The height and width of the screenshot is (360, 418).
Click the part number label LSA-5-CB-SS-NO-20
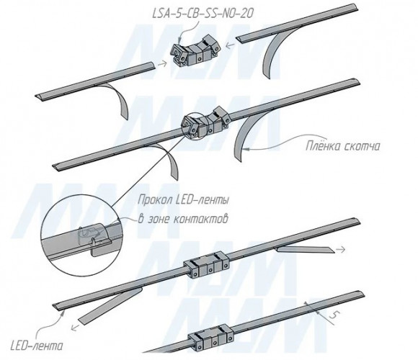click(x=203, y=14)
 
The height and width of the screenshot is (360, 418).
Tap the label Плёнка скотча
click(x=342, y=146)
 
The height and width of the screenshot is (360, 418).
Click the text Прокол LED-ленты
click(x=183, y=200)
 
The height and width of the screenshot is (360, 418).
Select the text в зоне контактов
click(x=183, y=220)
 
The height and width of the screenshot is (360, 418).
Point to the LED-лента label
click(x=37, y=346)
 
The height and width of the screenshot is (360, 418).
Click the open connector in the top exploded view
click(x=196, y=52)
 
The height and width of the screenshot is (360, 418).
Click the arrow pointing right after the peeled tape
click(x=341, y=250)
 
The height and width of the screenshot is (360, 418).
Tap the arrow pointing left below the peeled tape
click(x=76, y=328)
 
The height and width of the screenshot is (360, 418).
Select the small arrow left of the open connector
click(x=162, y=64)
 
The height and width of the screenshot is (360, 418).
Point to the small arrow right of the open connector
click(x=229, y=45)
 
